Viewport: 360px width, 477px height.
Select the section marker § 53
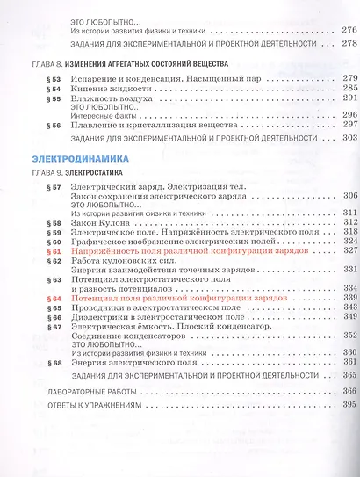coord(54,79)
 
